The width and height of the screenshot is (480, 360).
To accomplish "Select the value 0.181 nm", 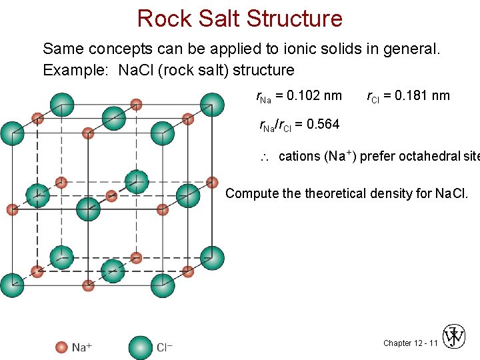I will (x=421, y=96).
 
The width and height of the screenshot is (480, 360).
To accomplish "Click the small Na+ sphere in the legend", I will (x=61, y=347).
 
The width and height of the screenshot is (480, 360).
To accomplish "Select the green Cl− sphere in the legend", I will (x=140, y=347).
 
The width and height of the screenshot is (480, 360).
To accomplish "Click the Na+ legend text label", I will (x=82, y=347).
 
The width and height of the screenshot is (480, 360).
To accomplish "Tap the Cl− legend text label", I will (x=165, y=347).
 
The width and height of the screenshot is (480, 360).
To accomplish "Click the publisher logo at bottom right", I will (x=455, y=337).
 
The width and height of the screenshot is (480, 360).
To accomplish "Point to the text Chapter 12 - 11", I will (x=410, y=343).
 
